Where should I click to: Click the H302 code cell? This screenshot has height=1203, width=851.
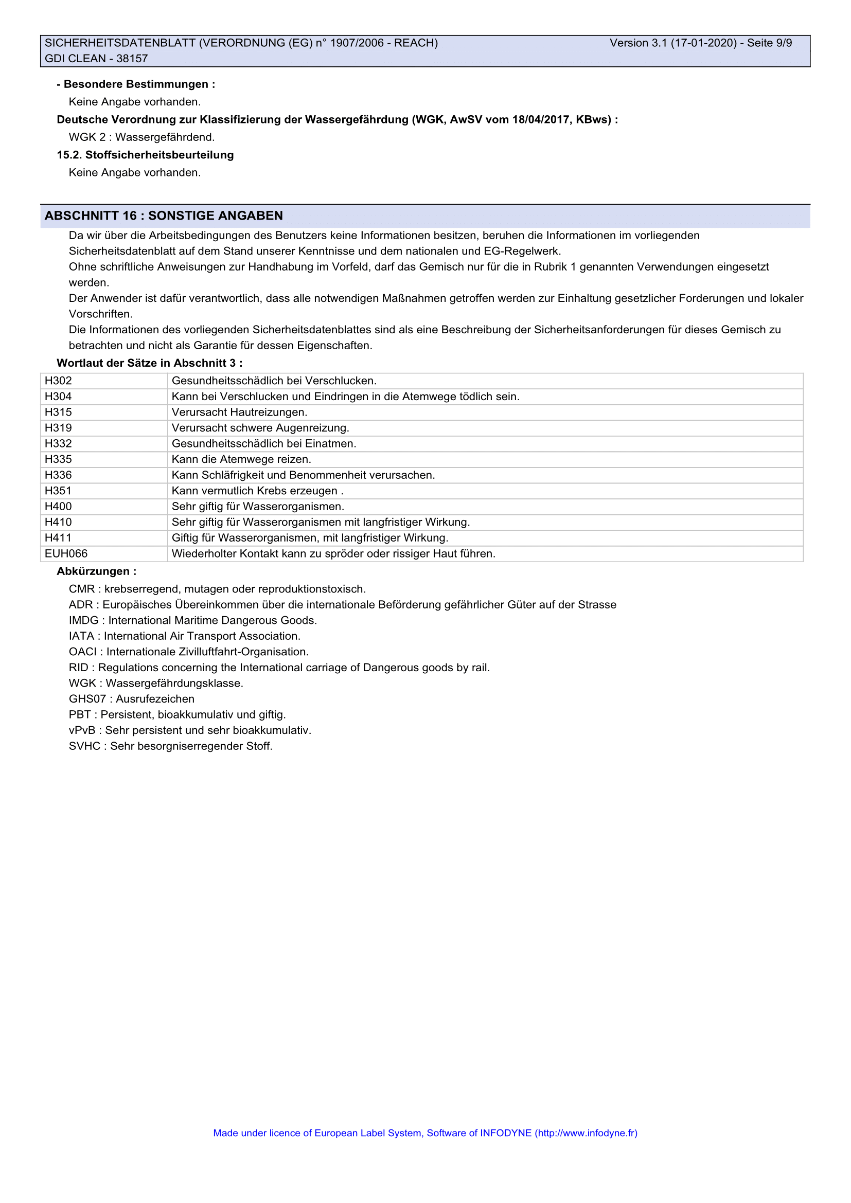tap(58, 381)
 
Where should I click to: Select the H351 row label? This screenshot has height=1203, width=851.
tap(58, 491)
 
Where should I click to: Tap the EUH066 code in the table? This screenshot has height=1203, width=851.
tap(66, 554)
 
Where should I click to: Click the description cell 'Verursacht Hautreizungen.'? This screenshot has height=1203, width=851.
tap(239, 412)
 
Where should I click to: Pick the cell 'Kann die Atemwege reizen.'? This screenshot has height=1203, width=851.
tap(242, 459)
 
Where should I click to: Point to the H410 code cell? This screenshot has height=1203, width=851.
tap(58, 523)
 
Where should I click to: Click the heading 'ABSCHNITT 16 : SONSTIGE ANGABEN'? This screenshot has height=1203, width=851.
tap(164, 216)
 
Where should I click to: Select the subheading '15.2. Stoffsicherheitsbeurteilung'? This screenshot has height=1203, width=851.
tap(145, 155)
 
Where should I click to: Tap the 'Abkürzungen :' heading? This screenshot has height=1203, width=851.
tap(96, 571)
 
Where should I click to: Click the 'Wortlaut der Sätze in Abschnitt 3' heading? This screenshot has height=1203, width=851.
tap(149, 363)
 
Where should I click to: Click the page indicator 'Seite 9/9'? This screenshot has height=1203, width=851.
tap(769, 43)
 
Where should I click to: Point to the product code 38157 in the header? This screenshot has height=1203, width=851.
tap(132, 59)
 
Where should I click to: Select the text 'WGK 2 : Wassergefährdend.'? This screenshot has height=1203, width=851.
tap(141, 137)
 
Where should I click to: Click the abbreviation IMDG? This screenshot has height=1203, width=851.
tap(83, 620)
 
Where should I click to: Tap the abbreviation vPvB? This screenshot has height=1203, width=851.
tap(82, 730)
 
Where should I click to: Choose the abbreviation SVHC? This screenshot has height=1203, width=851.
tap(84, 746)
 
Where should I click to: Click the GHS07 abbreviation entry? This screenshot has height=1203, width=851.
tap(87, 699)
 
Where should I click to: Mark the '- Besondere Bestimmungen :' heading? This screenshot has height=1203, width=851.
tap(136, 84)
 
